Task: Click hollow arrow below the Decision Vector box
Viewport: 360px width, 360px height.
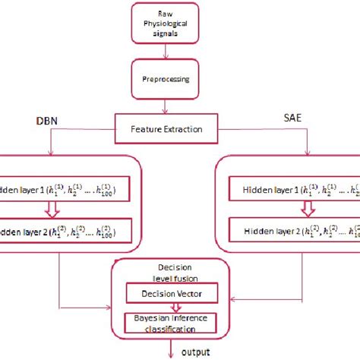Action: (169, 306)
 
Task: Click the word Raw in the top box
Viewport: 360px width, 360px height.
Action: (176, 14)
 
